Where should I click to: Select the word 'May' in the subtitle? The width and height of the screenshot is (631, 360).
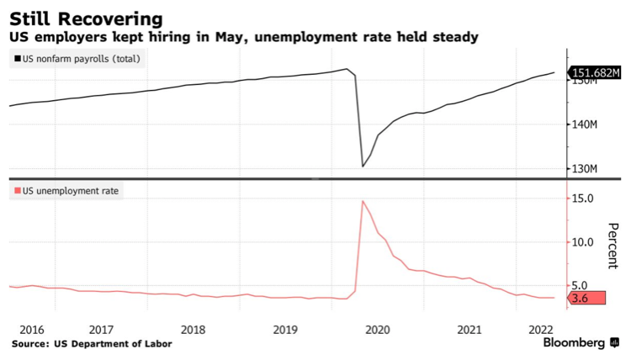230,38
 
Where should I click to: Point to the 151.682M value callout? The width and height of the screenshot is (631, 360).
596,73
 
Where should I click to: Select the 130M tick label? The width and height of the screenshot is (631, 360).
583,169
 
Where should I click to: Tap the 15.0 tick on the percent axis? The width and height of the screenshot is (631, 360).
583,199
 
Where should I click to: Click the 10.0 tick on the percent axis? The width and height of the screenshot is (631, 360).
583,242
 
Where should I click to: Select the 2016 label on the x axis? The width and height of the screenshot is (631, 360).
32,329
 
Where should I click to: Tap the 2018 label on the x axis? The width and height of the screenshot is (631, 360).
193,329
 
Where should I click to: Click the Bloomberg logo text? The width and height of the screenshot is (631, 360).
575,343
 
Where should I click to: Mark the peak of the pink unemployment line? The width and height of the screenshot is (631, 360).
363,200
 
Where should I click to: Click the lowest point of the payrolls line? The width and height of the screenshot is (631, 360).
363,166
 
